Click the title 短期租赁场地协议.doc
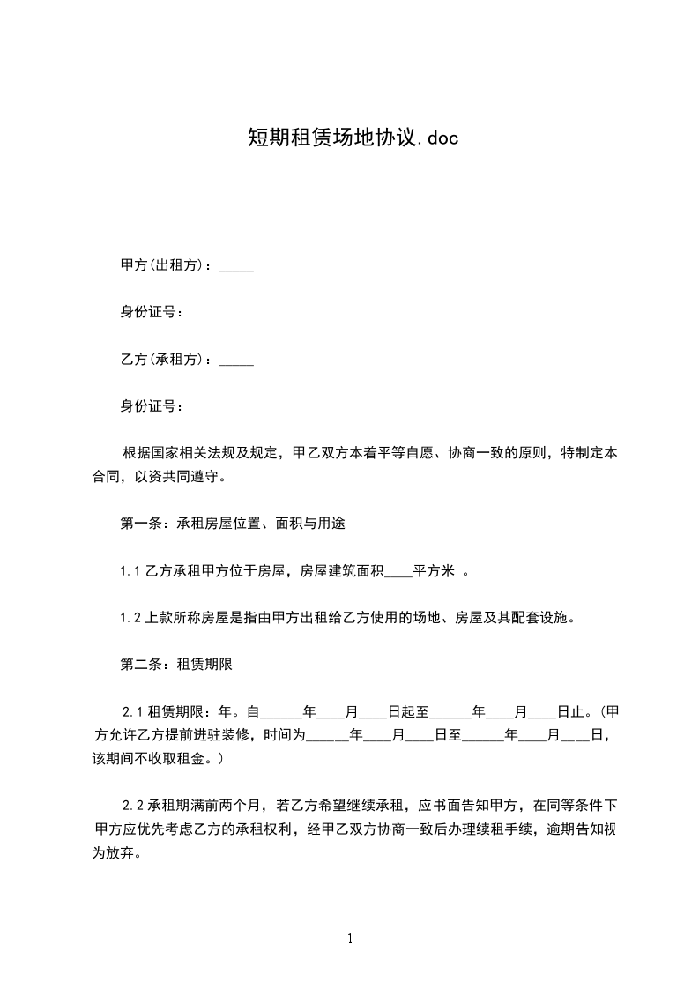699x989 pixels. [x=351, y=138]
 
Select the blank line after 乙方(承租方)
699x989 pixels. [x=235, y=360]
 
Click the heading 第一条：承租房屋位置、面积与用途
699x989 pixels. [x=232, y=523]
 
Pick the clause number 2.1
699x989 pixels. [x=132, y=710]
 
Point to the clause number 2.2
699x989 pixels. [x=132, y=805]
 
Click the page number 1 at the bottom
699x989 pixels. [x=350, y=940]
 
